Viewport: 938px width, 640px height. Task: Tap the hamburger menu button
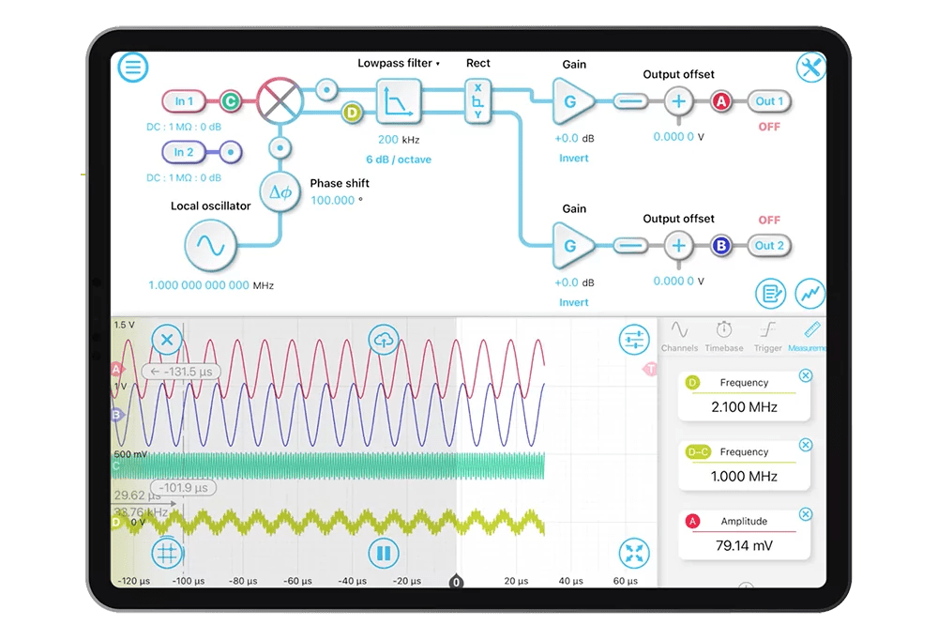pos(133,67)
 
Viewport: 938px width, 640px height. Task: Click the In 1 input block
pos(185,101)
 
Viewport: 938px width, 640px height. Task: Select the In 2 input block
pos(185,152)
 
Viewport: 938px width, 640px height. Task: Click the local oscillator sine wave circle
pos(211,246)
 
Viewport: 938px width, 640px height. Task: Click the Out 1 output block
pos(770,101)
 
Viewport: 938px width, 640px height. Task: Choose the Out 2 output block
pos(770,246)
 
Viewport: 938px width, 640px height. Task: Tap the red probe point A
pos(721,101)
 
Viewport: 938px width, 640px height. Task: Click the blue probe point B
pos(721,246)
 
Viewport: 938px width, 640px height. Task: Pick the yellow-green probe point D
pos(352,113)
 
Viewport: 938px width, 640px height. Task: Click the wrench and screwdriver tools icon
pos(810,68)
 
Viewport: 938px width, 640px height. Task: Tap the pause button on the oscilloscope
pos(383,554)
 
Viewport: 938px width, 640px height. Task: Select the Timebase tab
pos(724,336)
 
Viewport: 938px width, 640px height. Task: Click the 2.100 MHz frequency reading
pos(744,406)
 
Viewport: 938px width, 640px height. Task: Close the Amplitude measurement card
pos(805,514)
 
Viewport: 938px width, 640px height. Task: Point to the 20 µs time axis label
pos(516,581)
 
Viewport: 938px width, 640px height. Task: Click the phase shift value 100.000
pos(333,200)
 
